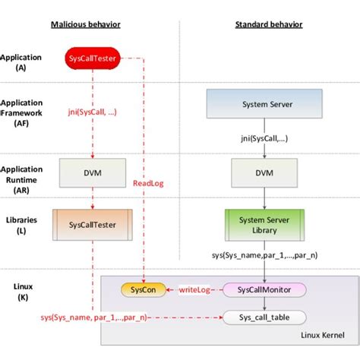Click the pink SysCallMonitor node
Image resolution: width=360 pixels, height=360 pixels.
[264, 289]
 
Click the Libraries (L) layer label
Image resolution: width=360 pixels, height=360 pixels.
[17, 222]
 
